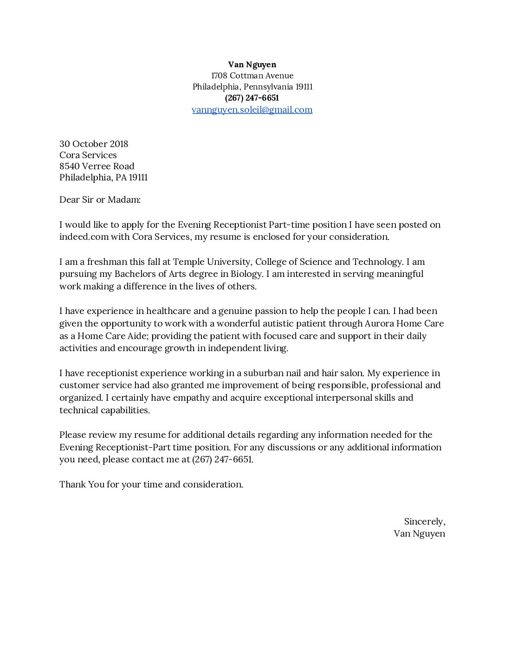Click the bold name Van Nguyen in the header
click(252, 64)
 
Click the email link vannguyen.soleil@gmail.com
click(252, 110)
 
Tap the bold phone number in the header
click(252, 98)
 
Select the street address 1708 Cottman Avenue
click(252, 76)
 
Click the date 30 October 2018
click(94, 144)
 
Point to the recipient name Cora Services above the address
click(88, 155)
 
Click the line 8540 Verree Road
click(97, 166)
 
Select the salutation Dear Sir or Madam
click(100, 200)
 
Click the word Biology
click(248, 274)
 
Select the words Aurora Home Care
click(404, 324)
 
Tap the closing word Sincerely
click(424, 522)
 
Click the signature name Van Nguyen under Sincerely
click(419, 534)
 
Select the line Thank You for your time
click(151, 485)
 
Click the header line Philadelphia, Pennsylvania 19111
click(252, 87)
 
